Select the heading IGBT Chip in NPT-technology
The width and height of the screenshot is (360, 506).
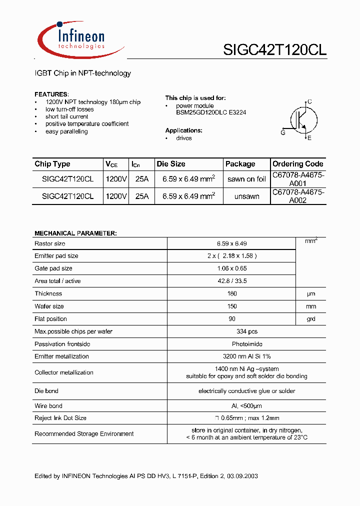coord(82,73)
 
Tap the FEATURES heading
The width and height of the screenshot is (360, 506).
coord(51,94)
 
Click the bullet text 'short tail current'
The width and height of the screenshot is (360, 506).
coord(66,116)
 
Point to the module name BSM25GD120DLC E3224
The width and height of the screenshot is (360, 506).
coord(210,112)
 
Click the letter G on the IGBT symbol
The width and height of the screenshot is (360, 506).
coord(283,132)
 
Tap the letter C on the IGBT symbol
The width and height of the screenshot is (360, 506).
coord(309,101)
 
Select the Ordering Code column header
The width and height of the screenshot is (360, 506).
coord(297,164)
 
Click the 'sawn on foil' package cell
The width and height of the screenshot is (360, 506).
coord(246,179)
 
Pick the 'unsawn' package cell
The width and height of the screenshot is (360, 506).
coord(246,196)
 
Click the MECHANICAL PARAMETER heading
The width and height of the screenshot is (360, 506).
coord(75,233)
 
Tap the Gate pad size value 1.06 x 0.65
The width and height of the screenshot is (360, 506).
coord(231,268)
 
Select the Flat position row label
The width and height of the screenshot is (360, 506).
coord(50,319)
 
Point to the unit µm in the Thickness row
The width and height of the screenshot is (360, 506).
coord(311,294)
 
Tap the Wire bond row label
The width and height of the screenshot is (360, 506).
coord(48,406)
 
